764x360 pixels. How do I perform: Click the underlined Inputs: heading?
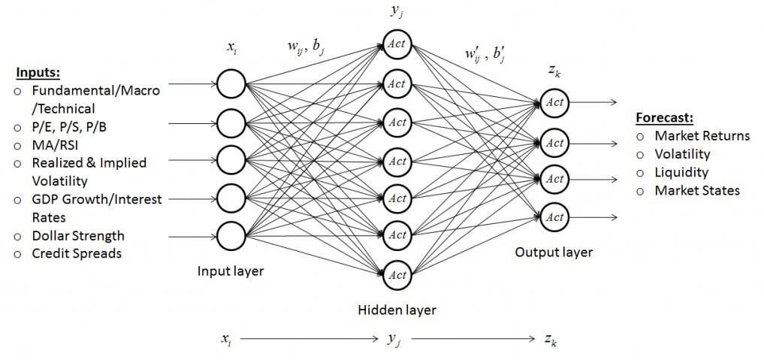38,73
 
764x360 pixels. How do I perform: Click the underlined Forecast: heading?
663,118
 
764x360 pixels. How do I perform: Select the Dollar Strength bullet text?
77,236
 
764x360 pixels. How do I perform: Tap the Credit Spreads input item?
77,253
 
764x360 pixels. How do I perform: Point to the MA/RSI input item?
56,144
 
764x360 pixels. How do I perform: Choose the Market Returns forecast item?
702,136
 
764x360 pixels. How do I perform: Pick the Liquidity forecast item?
681,172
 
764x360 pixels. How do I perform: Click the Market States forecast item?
696,190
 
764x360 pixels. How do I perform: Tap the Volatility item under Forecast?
682,154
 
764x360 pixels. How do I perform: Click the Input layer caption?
231,271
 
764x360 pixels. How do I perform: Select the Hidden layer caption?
397,309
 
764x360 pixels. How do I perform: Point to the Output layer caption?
553,253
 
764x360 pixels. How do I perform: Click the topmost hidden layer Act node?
397,44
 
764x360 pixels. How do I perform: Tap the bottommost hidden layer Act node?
397,275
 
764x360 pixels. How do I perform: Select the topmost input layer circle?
231,84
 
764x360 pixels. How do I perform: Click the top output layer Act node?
554,102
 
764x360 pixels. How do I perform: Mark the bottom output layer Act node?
554,217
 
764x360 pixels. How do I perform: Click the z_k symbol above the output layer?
553,71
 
